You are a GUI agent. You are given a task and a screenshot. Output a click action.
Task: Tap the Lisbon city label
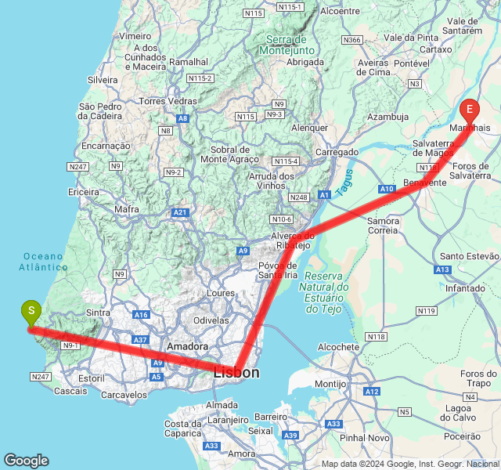click(236, 373)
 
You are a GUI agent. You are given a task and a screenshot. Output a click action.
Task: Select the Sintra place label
click(98, 313)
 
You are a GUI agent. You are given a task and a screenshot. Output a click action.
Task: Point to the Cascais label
click(72, 390)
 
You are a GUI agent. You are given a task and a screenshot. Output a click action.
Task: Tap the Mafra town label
click(126, 209)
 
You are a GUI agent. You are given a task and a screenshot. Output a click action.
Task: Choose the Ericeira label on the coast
click(84, 192)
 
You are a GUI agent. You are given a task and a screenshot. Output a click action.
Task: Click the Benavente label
click(424, 182)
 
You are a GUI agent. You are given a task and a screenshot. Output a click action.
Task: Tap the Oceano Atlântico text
click(45, 262)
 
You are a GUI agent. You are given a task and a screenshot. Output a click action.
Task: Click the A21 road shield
click(181, 212)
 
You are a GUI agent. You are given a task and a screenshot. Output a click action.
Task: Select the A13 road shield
click(442, 269)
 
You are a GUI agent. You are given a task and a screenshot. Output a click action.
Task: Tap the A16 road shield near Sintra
click(141, 315)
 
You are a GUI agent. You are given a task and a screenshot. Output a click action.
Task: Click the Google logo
click(26, 461)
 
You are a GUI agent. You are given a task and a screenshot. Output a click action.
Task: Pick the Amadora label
click(188, 345)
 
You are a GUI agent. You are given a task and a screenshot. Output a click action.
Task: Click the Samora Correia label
click(384, 226)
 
